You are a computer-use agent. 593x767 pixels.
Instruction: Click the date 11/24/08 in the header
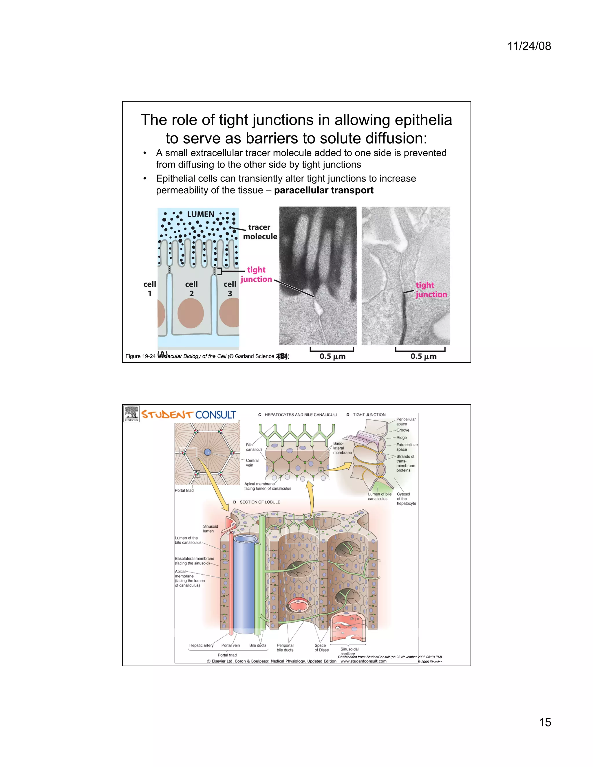tap(529, 46)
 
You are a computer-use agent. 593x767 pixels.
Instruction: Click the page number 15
tap(545, 722)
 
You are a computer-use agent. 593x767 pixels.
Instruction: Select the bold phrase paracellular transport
tap(323, 190)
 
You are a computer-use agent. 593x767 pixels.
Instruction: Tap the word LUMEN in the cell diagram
tap(200, 214)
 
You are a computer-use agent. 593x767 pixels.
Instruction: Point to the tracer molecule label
tap(260, 232)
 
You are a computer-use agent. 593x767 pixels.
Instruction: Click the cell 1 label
tap(150, 289)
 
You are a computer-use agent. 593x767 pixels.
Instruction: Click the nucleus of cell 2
tap(191, 313)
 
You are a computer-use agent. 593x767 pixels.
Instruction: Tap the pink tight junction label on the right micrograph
tap(431, 290)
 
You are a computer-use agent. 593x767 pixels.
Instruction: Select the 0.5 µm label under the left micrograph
tap(332, 357)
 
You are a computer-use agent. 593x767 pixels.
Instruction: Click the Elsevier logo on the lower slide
tap(131, 414)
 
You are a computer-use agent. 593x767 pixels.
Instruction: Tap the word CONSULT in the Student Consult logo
tap(215, 415)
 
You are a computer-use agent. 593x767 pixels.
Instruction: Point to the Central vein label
tap(252, 463)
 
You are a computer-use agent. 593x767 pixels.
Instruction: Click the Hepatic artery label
tap(201, 645)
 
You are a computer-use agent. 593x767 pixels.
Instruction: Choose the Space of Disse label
tap(321, 647)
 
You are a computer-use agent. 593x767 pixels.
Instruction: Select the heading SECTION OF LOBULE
tap(260, 502)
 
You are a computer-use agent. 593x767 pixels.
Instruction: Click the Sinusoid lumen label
tap(210, 529)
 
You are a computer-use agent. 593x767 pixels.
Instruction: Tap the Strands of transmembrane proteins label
tap(405, 463)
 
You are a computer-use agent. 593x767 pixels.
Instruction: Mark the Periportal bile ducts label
tap(285, 647)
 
